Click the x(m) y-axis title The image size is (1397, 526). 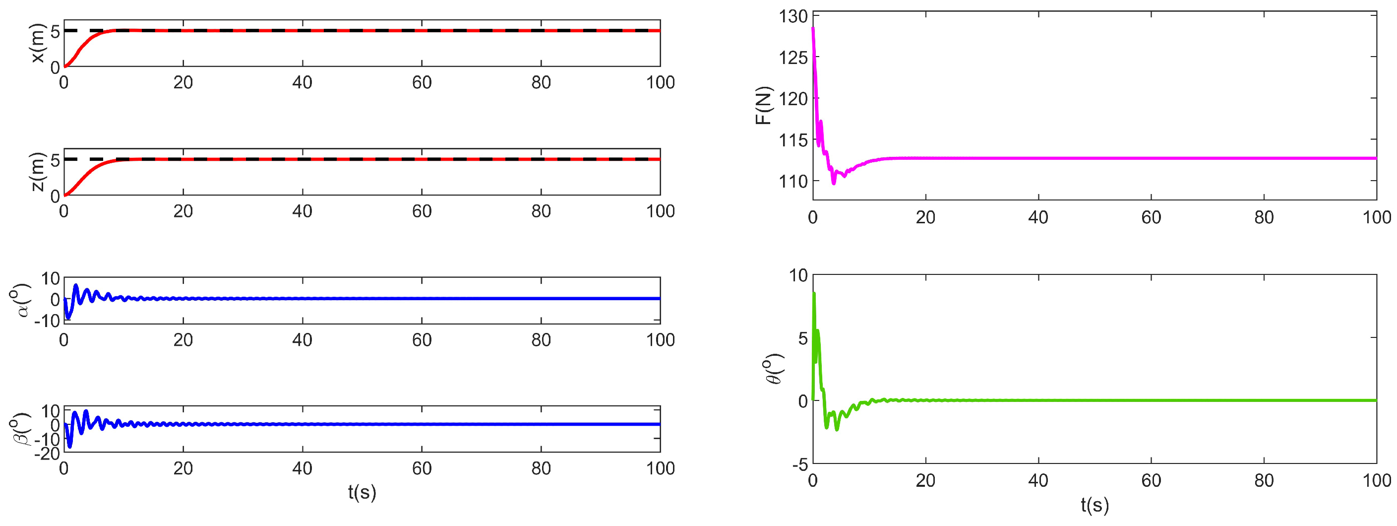38,44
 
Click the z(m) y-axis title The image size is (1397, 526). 38,172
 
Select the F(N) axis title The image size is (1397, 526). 764,105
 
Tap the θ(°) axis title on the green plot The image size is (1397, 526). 775,369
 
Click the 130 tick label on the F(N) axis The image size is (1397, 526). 793,17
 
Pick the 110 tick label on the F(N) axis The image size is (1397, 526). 793,181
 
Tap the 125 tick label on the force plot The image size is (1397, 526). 793,58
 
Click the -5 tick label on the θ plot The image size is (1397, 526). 799,464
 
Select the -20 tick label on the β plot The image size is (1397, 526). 47,453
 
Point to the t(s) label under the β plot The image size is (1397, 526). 362,492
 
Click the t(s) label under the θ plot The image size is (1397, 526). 1094,505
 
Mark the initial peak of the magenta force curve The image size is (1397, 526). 813,28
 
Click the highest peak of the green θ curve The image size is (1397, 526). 814,294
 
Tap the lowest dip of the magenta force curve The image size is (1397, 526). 834,184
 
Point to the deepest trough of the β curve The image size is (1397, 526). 69,447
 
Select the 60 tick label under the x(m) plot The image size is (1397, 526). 422,83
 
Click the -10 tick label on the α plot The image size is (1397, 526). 47,322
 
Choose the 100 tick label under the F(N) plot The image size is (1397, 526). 1376,218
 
